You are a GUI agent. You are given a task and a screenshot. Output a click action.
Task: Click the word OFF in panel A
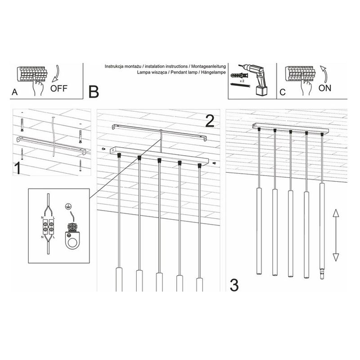(x=59, y=88)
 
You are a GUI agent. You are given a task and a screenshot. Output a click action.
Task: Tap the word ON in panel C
(x=325, y=88)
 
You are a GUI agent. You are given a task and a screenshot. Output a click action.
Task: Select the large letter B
(x=94, y=92)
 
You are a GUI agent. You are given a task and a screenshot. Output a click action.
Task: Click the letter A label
(x=14, y=92)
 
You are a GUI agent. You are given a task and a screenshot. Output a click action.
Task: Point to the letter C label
(x=283, y=92)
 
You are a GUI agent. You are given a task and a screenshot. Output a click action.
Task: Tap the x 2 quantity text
(x=242, y=81)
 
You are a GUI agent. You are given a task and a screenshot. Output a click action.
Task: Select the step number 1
(x=17, y=168)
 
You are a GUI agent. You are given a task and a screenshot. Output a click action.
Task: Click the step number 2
(x=210, y=121)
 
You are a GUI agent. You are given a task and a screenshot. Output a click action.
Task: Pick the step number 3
(x=234, y=285)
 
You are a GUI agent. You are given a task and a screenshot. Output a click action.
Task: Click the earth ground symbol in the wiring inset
(x=67, y=207)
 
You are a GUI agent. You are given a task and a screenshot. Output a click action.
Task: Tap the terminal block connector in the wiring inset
(x=48, y=226)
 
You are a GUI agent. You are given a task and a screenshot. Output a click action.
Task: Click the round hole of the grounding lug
(x=72, y=243)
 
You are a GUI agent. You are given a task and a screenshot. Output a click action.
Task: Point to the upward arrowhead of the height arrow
(x=336, y=213)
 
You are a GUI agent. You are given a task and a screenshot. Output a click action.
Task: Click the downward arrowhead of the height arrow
(x=336, y=257)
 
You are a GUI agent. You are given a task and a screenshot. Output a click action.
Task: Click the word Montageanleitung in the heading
(x=208, y=66)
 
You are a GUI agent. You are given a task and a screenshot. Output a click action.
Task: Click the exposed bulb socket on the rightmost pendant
(x=322, y=273)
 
